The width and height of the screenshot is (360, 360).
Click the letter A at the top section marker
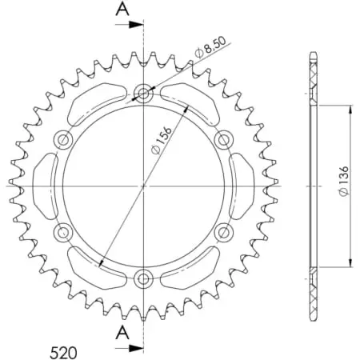click(122, 10)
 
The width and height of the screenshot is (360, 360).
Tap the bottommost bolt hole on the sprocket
click(144, 278)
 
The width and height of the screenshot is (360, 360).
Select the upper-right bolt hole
click(224, 140)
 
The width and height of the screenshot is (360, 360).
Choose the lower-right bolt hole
click(224, 233)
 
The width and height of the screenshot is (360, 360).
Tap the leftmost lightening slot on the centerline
click(45, 186)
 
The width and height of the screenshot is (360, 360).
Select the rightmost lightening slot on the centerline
click(242, 186)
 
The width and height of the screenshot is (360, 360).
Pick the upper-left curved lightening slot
click(96, 103)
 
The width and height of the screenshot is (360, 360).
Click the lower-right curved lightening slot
click(192, 268)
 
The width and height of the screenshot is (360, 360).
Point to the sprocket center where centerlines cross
click(144, 186)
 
